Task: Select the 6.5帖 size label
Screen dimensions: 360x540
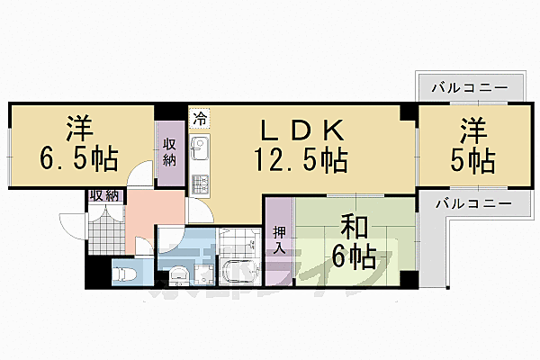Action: (77, 159)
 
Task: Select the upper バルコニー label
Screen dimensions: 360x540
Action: (470, 89)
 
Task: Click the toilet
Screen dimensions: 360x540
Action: (123, 269)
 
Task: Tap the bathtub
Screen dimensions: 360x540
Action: (238, 268)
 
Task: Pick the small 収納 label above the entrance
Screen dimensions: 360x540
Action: (104, 195)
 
